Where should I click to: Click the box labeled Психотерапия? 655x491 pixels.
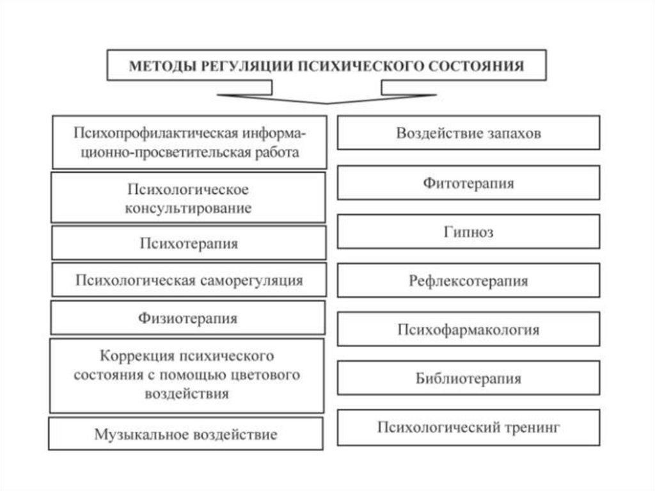tap(189, 243)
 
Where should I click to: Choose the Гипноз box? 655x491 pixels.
tap(468, 231)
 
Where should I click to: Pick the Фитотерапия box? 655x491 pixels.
tap(468, 183)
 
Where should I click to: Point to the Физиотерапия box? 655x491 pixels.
tap(187, 318)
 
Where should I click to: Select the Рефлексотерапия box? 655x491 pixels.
tap(468, 280)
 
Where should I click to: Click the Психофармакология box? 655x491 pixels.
tap(468, 330)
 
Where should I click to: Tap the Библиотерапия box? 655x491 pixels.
tap(468, 378)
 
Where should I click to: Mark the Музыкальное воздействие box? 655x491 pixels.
tap(185, 435)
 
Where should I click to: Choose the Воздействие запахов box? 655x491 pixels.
tap(468, 133)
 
